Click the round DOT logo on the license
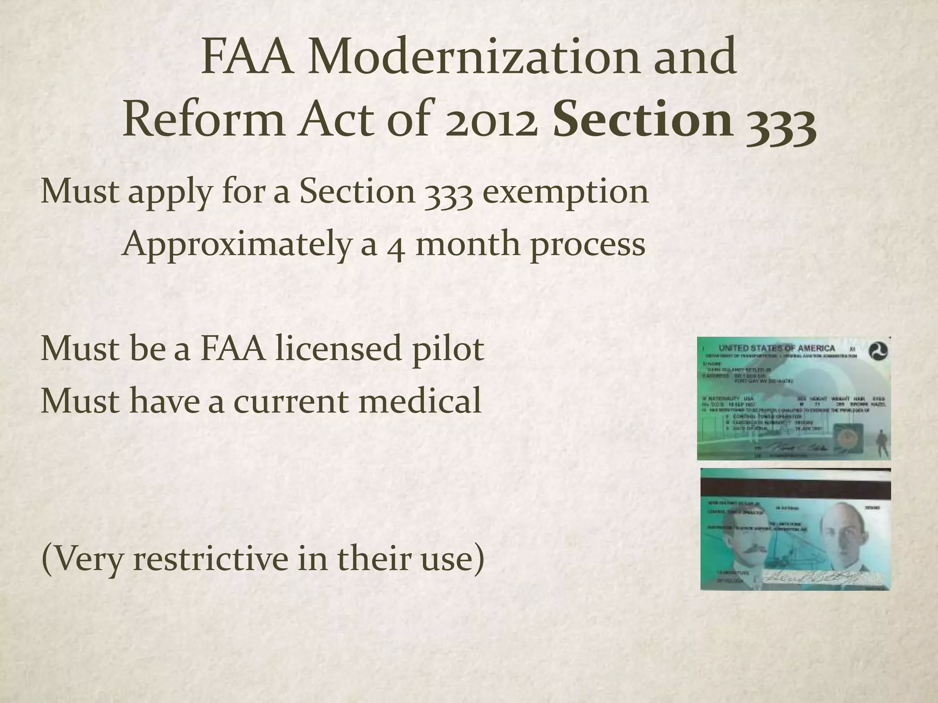pos(878,352)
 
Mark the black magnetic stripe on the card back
pos(796,488)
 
